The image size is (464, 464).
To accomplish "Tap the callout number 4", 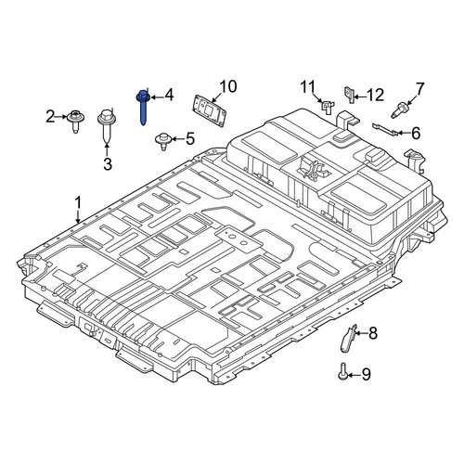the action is pyautogui.click(x=169, y=96).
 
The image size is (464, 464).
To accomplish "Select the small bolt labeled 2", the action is pyautogui.click(x=75, y=121).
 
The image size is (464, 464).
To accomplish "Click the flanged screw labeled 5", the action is pyautogui.click(x=162, y=141).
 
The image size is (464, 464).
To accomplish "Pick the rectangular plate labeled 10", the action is pyautogui.click(x=210, y=110).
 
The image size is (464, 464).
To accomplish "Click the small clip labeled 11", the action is pyautogui.click(x=327, y=106).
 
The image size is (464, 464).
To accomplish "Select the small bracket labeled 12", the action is pyautogui.click(x=349, y=95).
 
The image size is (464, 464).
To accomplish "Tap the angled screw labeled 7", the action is pyautogui.click(x=399, y=110).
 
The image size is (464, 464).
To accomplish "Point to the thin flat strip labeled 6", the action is pyautogui.click(x=383, y=129).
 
